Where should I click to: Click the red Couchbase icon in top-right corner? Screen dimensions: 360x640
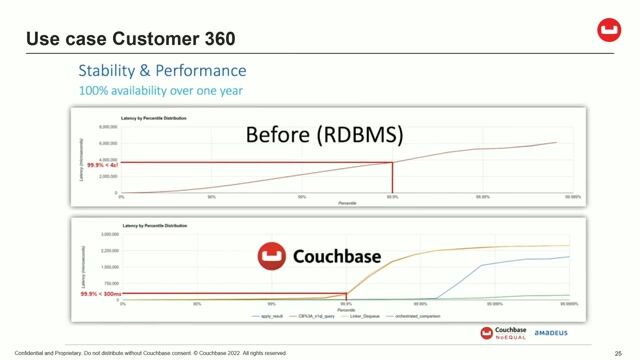(609, 31)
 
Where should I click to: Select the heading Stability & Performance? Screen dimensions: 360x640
(162, 71)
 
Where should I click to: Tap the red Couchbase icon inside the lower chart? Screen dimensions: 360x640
(269, 257)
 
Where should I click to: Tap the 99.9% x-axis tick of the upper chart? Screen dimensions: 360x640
(392, 197)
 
